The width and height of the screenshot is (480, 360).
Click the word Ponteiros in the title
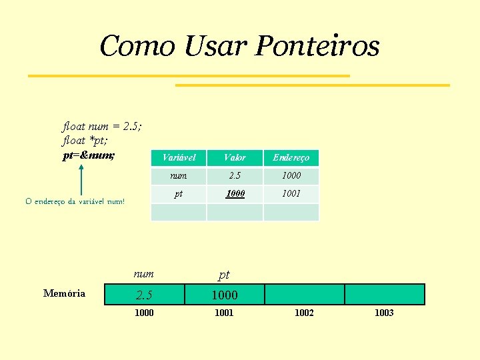pyautogui.click(x=317, y=47)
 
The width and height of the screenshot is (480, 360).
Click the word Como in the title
pyautogui.click(x=137, y=47)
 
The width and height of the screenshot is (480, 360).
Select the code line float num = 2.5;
pyautogui.click(x=102, y=126)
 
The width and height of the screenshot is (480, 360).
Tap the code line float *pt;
pyautogui.click(x=85, y=141)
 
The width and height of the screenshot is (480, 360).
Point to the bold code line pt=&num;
pyautogui.click(x=88, y=155)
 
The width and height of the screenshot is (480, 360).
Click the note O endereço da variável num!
pyautogui.click(x=75, y=201)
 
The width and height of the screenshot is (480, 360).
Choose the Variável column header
pyautogui.click(x=179, y=158)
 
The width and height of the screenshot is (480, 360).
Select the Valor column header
pyautogui.click(x=235, y=158)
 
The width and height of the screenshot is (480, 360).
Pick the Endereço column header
pyautogui.click(x=291, y=158)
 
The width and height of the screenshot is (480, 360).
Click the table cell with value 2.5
pyautogui.click(x=235, y=176)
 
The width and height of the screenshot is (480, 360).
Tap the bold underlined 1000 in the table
pyautogui.click(x=235, y=194)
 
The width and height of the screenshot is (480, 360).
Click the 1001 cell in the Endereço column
pyautogui.click(x=291, y=194)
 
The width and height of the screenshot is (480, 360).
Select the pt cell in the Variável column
pyautogui.click(x=179, y=194)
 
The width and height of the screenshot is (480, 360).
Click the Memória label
pyautogui.click(x=64, y=293)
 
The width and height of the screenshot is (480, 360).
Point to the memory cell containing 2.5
pyautogui.click(x=145, y=295)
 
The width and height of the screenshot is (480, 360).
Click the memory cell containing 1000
pyautogui.click(x=225, y=295)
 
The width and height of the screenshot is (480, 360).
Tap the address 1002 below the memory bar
pyautogui.click(x=304, y=313)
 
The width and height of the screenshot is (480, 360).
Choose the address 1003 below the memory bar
pyautogui.click(x=384, y=313)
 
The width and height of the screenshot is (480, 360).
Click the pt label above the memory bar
pyautogui.click(x=224, y=275)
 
